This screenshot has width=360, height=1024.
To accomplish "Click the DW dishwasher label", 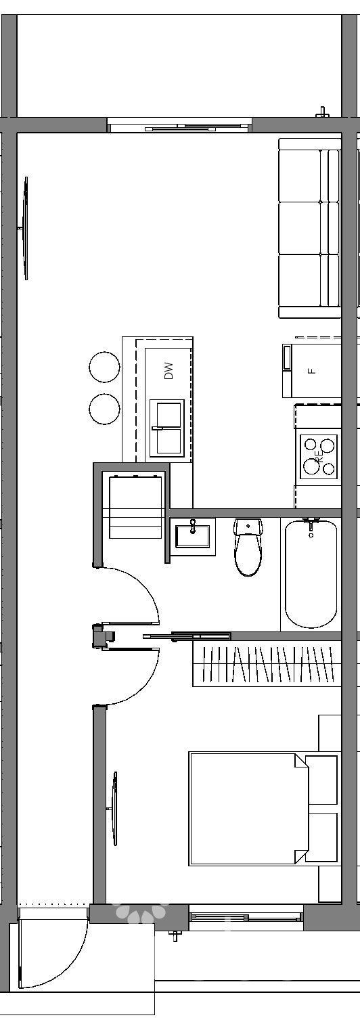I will coord(169,370).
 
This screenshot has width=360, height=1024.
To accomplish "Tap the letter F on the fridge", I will coord(312,370).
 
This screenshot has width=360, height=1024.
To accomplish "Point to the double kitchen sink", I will coord(166,428).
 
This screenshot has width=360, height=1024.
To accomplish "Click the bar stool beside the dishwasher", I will coord(104,368).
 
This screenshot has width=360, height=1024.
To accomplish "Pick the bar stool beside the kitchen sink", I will coord(104,409).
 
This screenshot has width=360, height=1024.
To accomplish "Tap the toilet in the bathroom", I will coord(248,547).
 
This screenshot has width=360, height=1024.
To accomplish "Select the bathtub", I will coord(311,573).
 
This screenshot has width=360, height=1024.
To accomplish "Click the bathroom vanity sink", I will coord(193,536).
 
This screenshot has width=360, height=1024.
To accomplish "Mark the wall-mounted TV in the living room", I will coord(26,228).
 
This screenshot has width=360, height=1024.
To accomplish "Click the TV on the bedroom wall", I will coord(115,808).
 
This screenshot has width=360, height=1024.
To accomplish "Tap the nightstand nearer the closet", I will coord(322,780).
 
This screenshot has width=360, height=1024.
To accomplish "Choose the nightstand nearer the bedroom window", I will coord(322,837).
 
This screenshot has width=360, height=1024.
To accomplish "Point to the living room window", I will coord(180,127).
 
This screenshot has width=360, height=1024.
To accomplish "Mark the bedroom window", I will coord(246,917).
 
